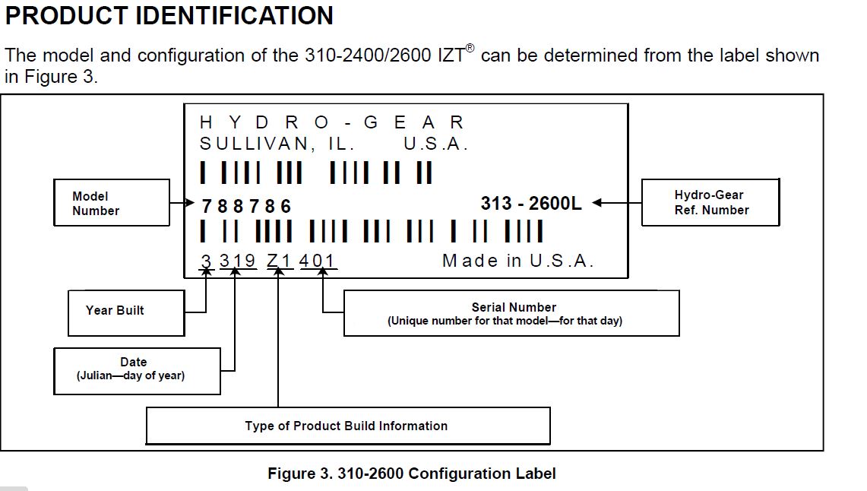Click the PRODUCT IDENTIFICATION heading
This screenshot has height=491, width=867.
[169, 15]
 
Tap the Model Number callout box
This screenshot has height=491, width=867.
[111, 203]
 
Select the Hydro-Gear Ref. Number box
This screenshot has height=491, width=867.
[710, 202]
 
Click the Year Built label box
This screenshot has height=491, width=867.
[125, 311]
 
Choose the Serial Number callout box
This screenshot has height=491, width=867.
[511, 313]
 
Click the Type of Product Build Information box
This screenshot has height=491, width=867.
[347, 426]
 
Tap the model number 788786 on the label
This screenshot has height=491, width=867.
[246, 206]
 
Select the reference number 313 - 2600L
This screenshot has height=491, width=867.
[531, 204]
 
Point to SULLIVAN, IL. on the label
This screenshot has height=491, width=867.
[277, 144]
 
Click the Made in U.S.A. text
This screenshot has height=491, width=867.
[517, 261]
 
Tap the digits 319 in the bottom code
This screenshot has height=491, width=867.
[238, 261]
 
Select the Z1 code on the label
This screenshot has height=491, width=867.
[280, 261]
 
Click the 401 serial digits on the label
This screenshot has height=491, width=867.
[317, 261]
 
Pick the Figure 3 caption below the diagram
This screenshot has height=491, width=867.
[411, 474]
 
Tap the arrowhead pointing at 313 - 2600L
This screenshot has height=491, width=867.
[597, 203]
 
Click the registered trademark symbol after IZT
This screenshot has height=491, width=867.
[470, 48]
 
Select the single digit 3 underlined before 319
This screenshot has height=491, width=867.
[206, 261]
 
